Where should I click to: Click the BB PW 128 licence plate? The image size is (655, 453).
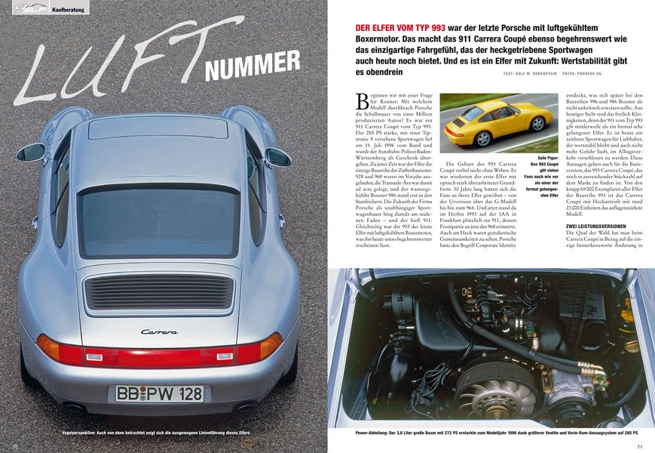click(159, 393)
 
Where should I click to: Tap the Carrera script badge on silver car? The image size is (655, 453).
click(160, 331)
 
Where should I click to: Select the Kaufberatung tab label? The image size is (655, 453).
click(68, 8)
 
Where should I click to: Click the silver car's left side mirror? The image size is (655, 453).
click(32, 152)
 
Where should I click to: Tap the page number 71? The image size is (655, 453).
click(639, 446)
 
